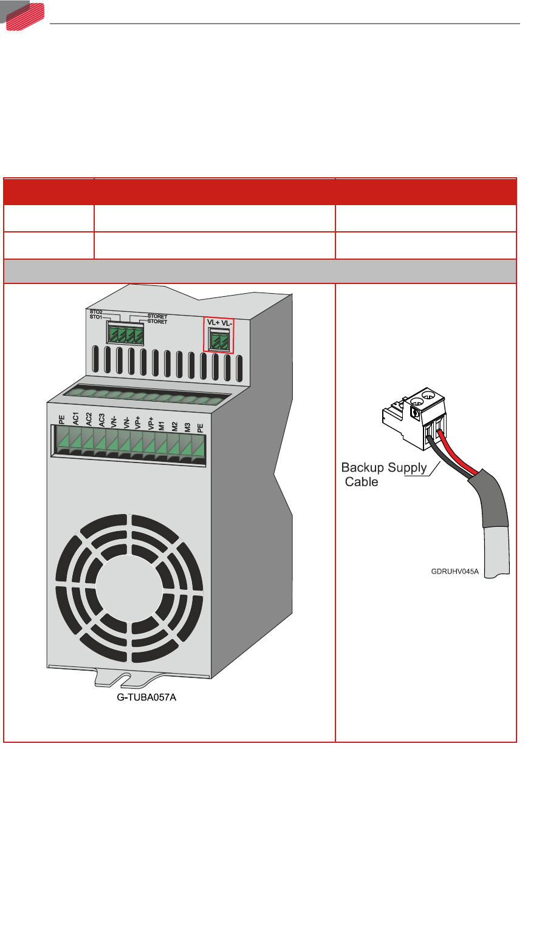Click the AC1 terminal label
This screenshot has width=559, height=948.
pos(76,418)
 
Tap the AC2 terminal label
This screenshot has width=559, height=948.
pos(89,418)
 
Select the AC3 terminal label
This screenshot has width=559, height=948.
pos(101,418)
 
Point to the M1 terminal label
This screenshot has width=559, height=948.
pos(162,418)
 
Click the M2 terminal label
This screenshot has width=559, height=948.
pos(174,418)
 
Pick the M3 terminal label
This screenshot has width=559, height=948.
pos(187,418)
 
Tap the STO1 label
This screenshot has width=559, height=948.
pos(95,317)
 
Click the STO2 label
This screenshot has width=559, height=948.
pos(95,312)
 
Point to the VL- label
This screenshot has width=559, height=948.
pos(226,323)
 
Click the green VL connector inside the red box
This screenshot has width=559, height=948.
pos(218,340)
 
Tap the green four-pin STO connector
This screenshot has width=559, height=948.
pos(125,334)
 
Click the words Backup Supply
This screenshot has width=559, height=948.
pos(383,468)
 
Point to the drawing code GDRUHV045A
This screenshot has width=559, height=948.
pos(455,571)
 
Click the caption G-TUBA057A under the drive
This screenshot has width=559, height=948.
pos(146,697)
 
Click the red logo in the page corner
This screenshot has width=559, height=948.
pos(24,15)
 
